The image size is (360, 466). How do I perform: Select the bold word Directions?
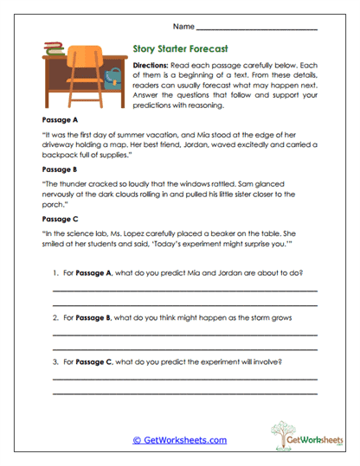click(150, 66)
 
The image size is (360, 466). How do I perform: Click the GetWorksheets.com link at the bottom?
click(179, 439)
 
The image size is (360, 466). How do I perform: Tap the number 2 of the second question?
click(55, 318)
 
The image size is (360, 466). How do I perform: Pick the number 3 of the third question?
click(55, 361)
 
